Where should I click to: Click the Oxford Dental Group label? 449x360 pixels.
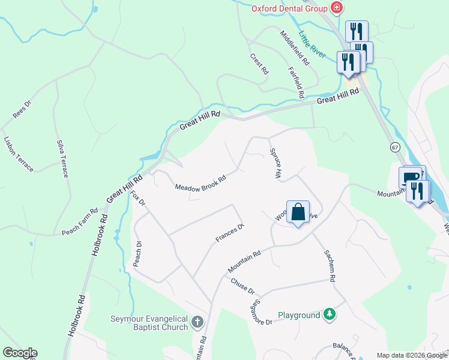289,8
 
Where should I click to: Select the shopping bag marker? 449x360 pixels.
298,212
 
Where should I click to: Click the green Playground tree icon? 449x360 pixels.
329,314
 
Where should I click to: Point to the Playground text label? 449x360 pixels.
298,315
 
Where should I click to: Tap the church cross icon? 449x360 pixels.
197,323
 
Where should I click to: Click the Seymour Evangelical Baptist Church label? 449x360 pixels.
149,323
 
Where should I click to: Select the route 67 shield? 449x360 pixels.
394,147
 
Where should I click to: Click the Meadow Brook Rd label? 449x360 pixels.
200,184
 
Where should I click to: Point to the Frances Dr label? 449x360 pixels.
230,233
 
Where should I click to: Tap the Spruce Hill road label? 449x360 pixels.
276,163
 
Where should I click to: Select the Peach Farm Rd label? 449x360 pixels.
79,222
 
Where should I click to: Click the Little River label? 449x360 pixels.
312,44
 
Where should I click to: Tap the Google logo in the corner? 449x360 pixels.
20,353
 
